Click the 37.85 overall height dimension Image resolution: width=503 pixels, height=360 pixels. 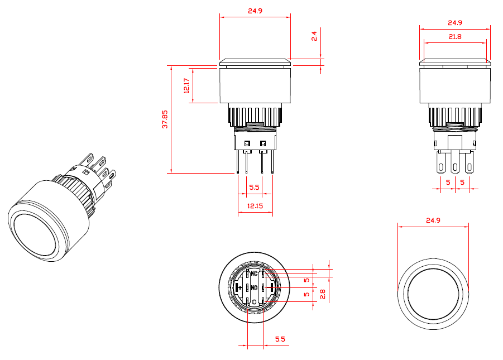(165, 119)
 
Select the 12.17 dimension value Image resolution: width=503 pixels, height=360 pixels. (186, 85)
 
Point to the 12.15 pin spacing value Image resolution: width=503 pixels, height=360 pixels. (255, 207)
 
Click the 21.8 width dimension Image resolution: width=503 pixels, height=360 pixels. (454, 36)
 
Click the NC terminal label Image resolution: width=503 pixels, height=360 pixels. (254, 273)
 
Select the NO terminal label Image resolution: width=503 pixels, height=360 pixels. (254, 288)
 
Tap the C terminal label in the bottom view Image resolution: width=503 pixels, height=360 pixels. (254, 302)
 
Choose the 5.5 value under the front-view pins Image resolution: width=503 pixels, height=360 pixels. (254, 188)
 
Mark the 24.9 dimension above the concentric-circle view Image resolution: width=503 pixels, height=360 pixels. (433, 220)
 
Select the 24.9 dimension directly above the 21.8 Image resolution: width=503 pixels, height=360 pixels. (454, 23)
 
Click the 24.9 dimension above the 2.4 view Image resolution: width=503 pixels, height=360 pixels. (255, 11)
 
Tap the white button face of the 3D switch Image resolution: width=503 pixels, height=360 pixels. (33, 234)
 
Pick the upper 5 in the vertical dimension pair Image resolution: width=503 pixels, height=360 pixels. (306, 279)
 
